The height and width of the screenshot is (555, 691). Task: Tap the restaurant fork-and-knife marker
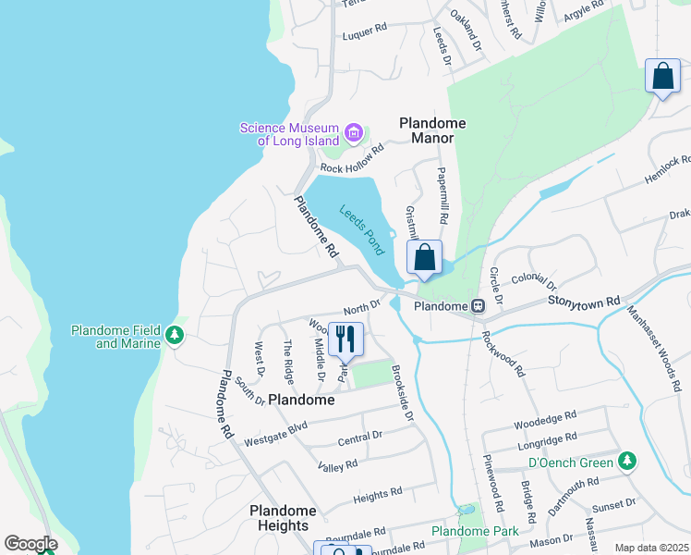(x=346, y=339)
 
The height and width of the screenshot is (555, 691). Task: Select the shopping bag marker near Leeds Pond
(x=425, y=258)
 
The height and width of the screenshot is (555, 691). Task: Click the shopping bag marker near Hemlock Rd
(x=662, y=77)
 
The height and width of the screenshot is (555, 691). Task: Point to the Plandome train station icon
(x=479, y=306)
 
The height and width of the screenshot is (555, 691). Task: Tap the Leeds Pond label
(x=361, y=229)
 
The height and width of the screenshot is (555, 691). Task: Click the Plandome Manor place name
(x=432, y=130)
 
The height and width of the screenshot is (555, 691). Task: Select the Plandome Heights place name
(x=283, y=518)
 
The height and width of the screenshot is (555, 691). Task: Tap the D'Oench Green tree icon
(x=627, y=460)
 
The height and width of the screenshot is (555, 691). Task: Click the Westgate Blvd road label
(x=275, y=431)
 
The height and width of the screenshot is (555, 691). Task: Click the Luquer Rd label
(x=364, y=31)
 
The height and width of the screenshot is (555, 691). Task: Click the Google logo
(x=30, y=544)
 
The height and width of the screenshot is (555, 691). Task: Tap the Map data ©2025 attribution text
(x=650, y=548)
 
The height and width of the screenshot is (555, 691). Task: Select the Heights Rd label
(x=378, y=496)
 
